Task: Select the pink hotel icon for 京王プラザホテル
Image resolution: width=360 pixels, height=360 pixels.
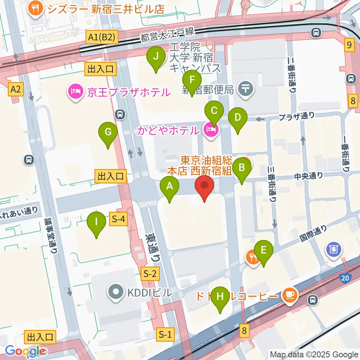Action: point(75,91)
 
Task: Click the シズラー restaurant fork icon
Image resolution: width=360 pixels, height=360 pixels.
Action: point(36,9)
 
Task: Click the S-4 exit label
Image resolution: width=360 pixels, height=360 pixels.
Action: point(118,220)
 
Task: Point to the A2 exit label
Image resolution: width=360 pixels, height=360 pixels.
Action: point(15,89)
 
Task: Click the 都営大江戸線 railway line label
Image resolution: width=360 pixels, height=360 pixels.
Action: point(168,34)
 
